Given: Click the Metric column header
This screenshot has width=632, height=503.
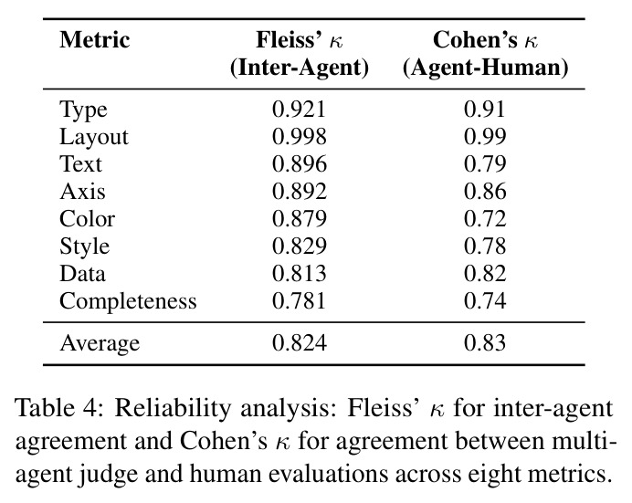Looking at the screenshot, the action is pos(95,40).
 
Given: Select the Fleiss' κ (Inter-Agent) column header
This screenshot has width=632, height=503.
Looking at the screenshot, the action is pos(300,54).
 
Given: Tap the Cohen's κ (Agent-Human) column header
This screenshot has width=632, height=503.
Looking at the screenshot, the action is pos(485,54).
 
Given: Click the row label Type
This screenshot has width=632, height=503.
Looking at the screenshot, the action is pos(83,110).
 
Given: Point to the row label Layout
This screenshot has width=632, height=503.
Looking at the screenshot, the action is pos(94,137).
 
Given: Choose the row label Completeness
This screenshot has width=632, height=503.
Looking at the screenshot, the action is pos(128,301).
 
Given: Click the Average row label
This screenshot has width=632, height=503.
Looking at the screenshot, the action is pos(100,343).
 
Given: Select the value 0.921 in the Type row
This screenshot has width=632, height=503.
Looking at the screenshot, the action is pos(299,110).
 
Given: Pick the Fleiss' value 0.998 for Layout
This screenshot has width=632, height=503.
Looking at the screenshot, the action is pos(299,137).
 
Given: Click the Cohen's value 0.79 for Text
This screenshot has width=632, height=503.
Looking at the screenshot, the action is pos(485,164).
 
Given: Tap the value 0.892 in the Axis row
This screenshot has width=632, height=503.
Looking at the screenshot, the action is pos(299,192).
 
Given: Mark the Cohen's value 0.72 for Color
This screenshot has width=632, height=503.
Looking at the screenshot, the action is pos(485,219).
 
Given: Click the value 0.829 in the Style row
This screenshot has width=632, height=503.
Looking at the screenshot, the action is pos(299,246).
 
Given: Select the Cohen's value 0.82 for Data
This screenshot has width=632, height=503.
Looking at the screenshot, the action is pos(485,274).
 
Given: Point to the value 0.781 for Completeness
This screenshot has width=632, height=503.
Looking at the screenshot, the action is pos(299,301).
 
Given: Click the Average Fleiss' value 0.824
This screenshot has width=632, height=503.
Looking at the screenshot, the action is pos(299,343).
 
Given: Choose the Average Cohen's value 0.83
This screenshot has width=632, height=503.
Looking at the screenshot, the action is pos(485,343).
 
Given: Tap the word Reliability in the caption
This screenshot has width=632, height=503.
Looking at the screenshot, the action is pos(173,409).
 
